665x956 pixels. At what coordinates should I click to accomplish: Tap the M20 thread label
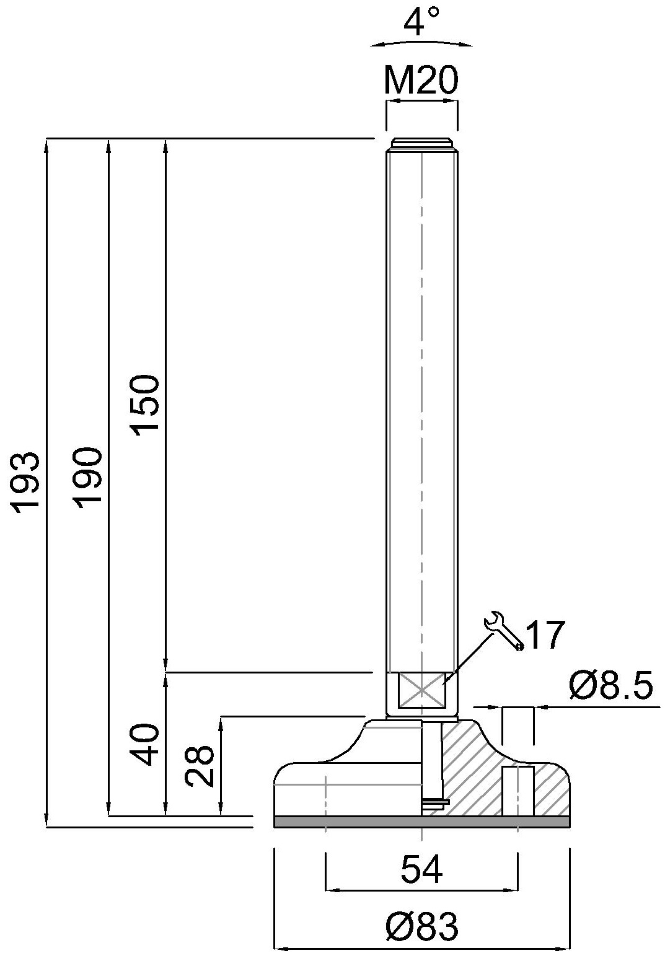421,81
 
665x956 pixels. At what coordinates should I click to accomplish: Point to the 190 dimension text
87,478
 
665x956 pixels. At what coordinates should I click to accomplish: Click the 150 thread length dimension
146,405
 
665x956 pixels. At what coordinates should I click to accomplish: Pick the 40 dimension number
146,744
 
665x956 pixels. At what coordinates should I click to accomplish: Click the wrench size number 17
544,635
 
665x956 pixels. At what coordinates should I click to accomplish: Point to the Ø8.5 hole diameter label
610,685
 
